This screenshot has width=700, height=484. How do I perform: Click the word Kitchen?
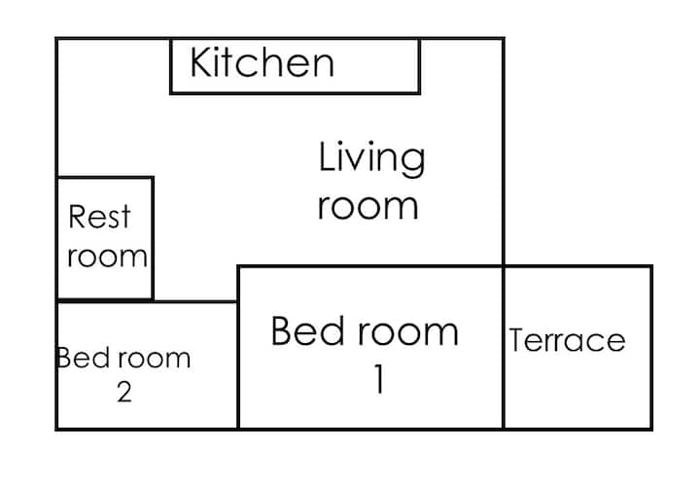tap(262, 62)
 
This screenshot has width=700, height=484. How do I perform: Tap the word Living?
tap(371, 159)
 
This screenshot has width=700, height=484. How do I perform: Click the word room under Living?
tap(368, 207)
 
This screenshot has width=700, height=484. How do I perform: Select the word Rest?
tap(99, 217)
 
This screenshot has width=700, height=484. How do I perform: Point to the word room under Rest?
tap(107, 257)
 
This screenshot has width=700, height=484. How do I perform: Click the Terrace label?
tap(567, 340)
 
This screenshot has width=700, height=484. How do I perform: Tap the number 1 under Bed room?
tap(379, 379)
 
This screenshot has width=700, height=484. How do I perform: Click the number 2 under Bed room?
tap(124, 393)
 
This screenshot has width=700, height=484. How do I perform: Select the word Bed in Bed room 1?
tap(308, 330)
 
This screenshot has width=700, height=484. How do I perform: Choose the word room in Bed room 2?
tap(155, 359)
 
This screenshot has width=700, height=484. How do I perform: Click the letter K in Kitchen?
tap(200, 62)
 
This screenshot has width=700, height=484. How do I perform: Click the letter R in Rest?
tap(78, 217)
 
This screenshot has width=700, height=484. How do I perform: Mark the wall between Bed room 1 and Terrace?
tap(504, 348)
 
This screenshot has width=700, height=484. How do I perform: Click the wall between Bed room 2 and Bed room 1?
tap(238, 365)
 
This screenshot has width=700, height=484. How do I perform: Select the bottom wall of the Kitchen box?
tap(296, 92)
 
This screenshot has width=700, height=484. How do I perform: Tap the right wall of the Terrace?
tap(651, 348)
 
